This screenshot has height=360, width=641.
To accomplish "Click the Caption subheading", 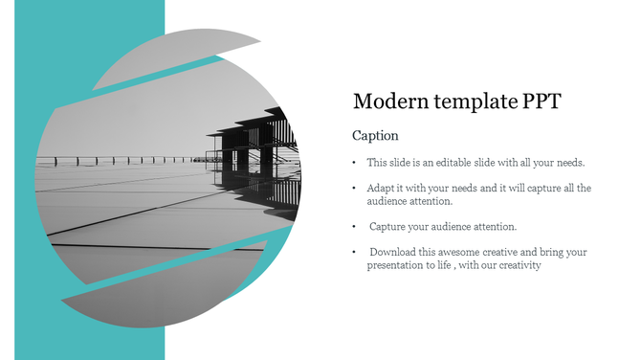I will [375, 136].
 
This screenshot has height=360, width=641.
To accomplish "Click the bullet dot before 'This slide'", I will [354, 163].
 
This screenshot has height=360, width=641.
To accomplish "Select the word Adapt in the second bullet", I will [381, 189].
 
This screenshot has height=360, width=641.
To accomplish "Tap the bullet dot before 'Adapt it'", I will [354, 189].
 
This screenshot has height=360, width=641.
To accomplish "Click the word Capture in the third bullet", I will [388, 227].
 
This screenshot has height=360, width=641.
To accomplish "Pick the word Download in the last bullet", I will [392, 252].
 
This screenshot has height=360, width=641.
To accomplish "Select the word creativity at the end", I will [519, 265].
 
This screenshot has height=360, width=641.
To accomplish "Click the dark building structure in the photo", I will [254, 153].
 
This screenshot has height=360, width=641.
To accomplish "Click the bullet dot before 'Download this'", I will [354, 252].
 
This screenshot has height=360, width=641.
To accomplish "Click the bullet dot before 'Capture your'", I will [354, 227].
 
